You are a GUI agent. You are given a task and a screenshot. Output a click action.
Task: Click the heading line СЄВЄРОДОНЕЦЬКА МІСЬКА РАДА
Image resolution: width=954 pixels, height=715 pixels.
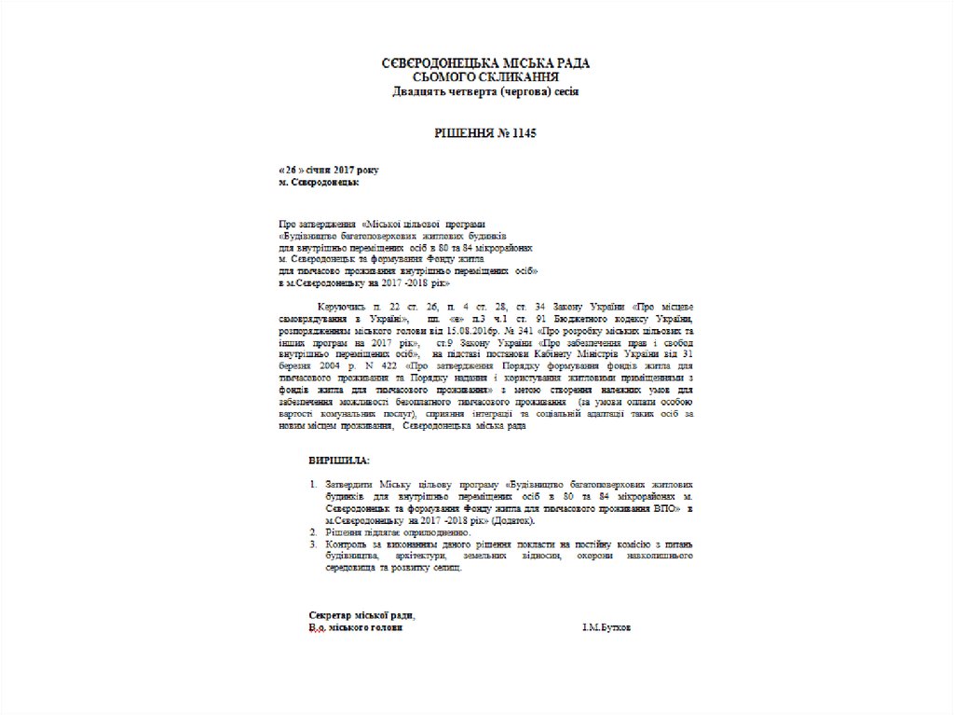coord(486,62)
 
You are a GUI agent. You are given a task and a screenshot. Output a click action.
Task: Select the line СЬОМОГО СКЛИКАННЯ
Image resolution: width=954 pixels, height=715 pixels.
coord(486,76)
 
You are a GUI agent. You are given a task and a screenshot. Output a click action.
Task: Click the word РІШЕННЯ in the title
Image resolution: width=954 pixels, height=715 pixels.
coord(465,134)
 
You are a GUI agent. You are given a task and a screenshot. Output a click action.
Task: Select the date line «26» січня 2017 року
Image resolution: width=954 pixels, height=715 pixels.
coord(329,172)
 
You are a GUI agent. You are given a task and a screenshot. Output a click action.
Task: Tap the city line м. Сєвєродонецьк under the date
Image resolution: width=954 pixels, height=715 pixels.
coord(320,183)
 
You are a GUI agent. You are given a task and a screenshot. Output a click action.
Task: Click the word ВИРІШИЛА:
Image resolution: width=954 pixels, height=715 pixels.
coord(339,461)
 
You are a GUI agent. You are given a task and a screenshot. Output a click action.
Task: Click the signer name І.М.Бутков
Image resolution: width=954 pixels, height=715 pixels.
coord(606,628)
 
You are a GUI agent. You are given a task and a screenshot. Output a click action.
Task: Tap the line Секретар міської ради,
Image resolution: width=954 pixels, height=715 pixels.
coord(362,615)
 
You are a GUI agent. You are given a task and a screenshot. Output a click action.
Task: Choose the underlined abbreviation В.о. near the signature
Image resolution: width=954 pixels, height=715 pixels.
coord(318,628)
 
